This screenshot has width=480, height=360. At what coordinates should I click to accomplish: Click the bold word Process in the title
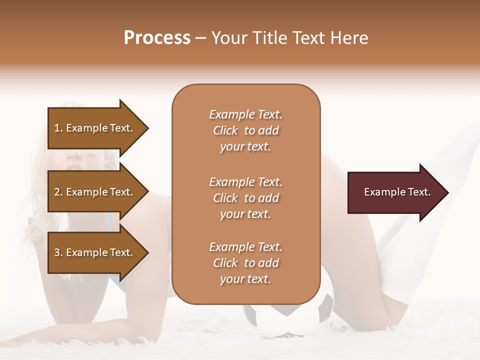[x=157, y=38]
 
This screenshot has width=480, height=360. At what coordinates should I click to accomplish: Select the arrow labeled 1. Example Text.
[x=95, y=128]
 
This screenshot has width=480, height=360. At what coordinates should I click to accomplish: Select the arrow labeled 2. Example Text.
[x=95, y=192]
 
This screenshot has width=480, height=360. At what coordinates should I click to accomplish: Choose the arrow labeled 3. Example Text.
[x=95, y=252]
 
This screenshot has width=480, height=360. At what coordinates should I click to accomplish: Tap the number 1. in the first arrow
[x=58, y=128]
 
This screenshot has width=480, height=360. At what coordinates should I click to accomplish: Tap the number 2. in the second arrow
[x=58, y=192]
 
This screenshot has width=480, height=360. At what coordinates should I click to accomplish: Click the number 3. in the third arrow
[x=58, y=252]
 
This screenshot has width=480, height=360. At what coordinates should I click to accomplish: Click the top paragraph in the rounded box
[x=245, y=130]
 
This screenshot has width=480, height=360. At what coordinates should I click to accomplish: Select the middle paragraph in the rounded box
[x=245, y=197]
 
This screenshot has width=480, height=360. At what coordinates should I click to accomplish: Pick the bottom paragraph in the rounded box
[x=245, y=263]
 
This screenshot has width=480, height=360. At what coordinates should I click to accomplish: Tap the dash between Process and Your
[x=201, y=38]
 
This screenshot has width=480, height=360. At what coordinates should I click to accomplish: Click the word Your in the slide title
[x=228, y=38]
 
